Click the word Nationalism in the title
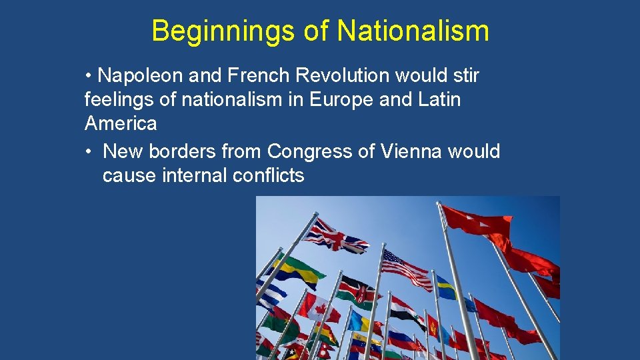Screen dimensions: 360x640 coord(413,31)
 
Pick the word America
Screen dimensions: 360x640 coord(121,123)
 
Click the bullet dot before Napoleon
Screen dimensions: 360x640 coord(89,76)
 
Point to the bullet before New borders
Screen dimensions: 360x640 coord(89,152)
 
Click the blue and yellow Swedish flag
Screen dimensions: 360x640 coord(447,289)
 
